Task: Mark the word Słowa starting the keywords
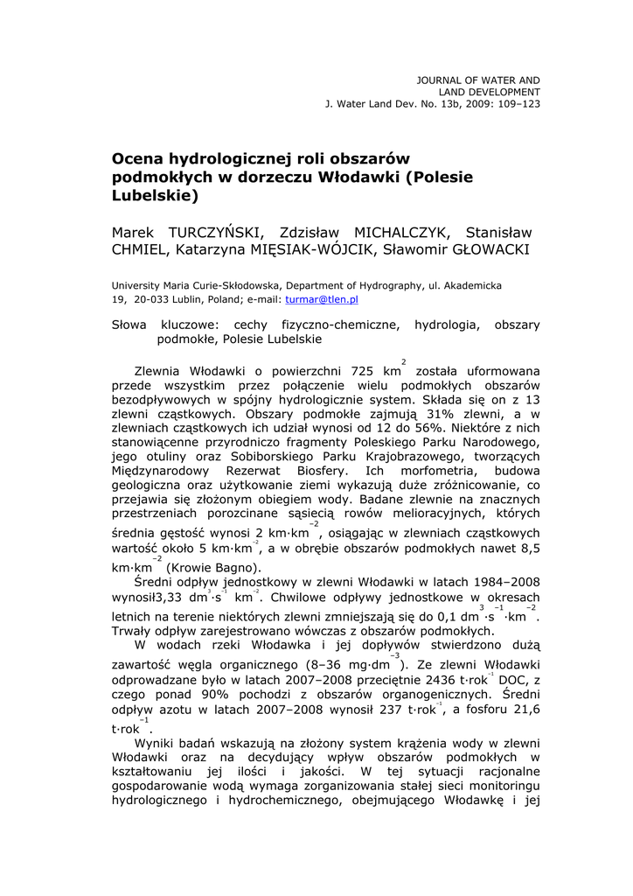tap(130, 325)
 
